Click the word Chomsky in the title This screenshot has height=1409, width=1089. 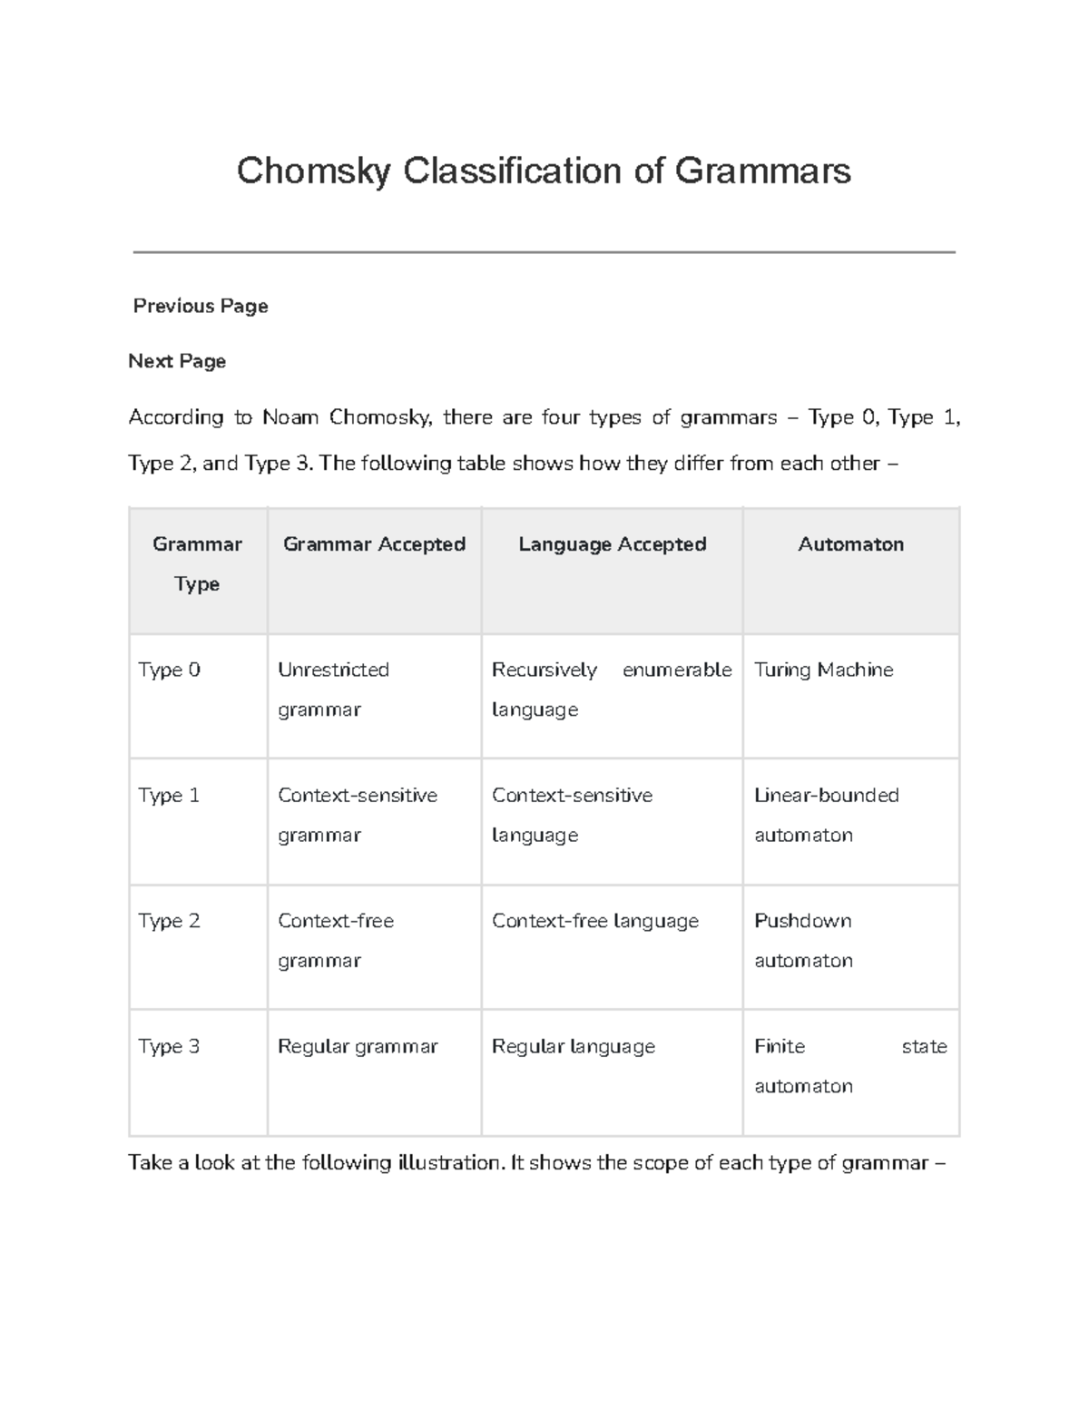coord(313,171)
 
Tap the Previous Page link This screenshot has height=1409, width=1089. coord(201,306)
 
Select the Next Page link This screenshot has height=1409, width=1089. coord(177,361)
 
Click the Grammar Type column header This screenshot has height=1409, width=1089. coord(197,563)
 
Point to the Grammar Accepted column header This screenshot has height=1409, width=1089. coord(374,544)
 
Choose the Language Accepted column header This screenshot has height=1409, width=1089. coord(612,544)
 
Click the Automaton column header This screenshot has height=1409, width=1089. coord(850,544)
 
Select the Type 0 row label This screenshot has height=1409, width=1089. coord(169,670)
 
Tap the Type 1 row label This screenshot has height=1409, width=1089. coord(169,795)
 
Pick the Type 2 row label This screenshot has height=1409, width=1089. coord(169,921)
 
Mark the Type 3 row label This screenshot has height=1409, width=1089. coord(169,1046)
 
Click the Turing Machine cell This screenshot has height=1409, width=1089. coord(823,670)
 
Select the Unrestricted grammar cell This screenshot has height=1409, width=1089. coord(333,690)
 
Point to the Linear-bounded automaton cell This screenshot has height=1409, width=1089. coord(826,815)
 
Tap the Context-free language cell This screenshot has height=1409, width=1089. coord(594,921)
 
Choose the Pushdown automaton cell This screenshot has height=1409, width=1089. coord(803,941)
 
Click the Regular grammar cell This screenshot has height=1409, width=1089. coord(358,1046)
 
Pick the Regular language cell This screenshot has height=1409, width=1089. coord(573,1046)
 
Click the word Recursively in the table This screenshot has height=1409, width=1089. coord(544,670)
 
